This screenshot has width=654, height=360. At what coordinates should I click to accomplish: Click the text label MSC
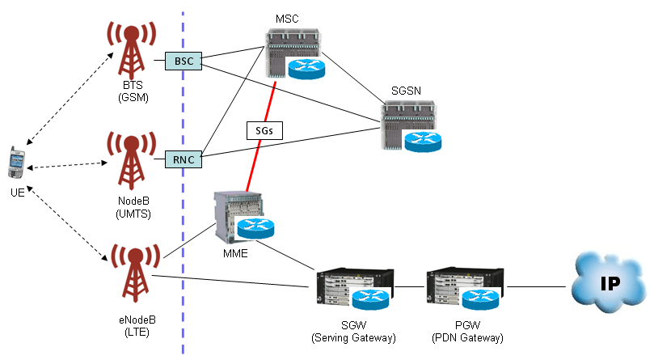[286, 17]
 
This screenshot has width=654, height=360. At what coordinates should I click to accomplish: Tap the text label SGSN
[407, 91]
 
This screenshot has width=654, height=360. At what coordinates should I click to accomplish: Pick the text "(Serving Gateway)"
[353, 337]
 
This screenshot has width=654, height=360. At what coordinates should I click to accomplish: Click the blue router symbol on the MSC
[306, 67]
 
